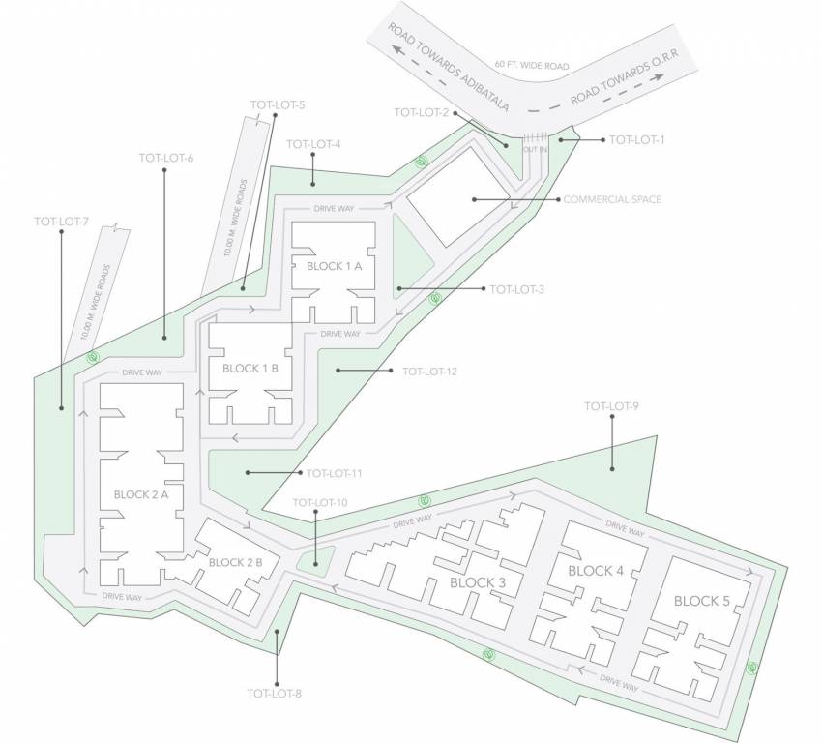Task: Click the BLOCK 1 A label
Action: [334, 266]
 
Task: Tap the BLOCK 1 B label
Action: [250, 369]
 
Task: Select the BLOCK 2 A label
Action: [141, 494]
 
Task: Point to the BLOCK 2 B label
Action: [243, 562]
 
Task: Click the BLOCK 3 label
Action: [478, 582]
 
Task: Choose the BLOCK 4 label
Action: [596, 571]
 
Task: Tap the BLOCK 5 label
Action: [702, 601]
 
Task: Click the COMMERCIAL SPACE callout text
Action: [612, 200]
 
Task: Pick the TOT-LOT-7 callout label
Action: [61, 222]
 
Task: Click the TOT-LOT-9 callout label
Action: [612, 406]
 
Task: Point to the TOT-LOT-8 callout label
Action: [275, 693]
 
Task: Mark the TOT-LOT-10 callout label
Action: [319, 503]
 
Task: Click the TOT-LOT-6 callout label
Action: [166, 157]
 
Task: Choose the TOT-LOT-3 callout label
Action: [517, 289]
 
